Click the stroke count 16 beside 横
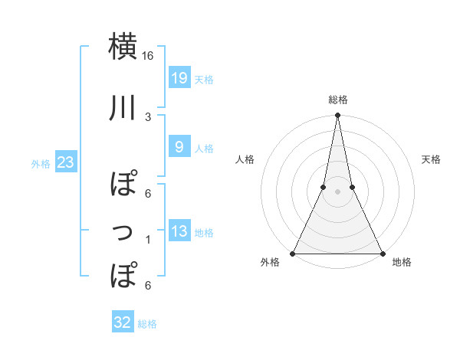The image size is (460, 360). tap(148, 56)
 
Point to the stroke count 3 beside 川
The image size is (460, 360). tap(148, 117)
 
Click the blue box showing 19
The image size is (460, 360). tap(179, 78)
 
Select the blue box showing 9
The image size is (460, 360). tap(179, 147)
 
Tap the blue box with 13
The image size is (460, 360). tap(179, 232)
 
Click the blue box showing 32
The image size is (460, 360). tap(123, 322)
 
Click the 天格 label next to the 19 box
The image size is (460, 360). tap(204, 79)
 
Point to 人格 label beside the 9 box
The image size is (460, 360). tap(204, 148)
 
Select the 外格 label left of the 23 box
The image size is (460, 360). tap(41, 163)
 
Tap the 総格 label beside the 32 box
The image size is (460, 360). tap(147, 324)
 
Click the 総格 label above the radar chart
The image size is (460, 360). tap(338, 100)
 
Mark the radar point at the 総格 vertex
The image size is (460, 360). tap(337, 116)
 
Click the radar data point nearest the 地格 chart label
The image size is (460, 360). tap(382, 254)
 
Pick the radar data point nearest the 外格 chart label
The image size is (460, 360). tap(293, 254)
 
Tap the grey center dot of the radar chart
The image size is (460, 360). tap(337, 192)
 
